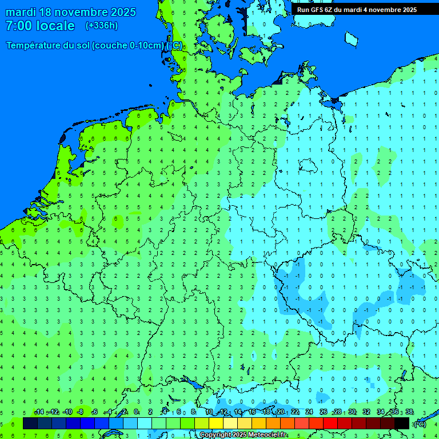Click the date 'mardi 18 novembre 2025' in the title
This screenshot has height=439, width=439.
click(x=71, y=12)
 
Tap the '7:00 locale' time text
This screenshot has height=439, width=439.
click(x=40, y=26)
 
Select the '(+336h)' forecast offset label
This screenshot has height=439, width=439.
click(x=102, y=26)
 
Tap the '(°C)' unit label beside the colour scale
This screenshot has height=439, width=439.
click(x=420, y=424)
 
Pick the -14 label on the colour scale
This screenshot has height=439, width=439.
click(x=39, y=412)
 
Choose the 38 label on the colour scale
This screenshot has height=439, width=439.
click(x=409, y=412)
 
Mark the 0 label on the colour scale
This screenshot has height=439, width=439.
click(x=136, y=412)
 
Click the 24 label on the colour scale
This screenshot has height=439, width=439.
click(x=309, y=412)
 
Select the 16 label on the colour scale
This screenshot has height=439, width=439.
click(x=252, y=412)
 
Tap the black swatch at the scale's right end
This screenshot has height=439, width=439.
click(x=402, y=423)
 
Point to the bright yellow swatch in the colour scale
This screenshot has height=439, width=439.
click(x=216, y=423)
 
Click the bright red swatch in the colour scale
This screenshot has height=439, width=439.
click(x=330, y=423)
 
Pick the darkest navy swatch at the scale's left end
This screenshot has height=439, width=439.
click(x=30, y=423)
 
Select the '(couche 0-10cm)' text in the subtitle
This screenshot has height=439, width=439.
click(x=127, y=46)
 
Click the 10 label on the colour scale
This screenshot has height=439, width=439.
click(x=209, y=412)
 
